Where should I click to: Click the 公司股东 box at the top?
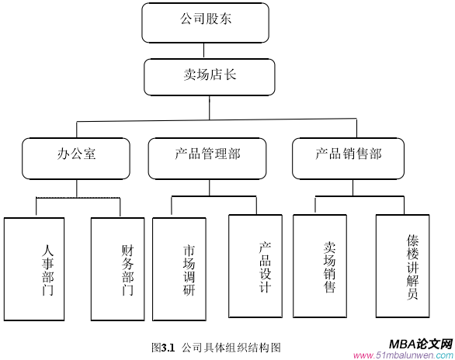click(x=205, y=22)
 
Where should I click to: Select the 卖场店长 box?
click(x=209, y=76)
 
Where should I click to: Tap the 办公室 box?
click(x=76, y=158)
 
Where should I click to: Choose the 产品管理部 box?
click(x=207, y=158)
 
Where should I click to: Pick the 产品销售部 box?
click(x=349, y=158)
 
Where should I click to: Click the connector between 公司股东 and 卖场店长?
click(x=205, y=50)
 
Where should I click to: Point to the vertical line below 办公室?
click(x=76, y=188)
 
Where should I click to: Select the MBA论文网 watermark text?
click(x=420, y=343)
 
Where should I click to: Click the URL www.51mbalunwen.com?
click(x=402, y=355)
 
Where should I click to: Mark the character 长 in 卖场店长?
click(x=231, y=75)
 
